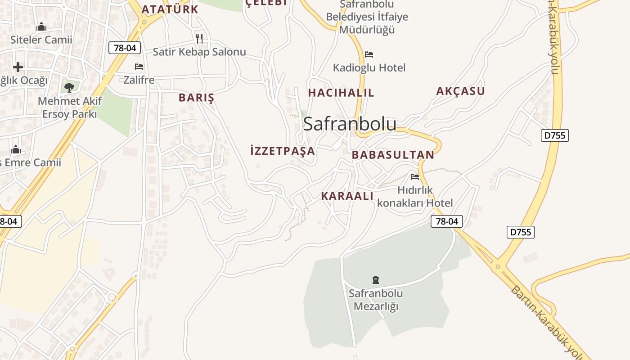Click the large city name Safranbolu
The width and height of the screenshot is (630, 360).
[350, 124]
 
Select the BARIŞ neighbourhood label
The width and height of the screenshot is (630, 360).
[196, 98]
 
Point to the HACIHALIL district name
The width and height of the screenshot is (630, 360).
[341, 93]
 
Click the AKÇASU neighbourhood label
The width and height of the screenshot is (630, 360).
[460, 91]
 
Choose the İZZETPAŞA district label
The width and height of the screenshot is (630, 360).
[283, 151]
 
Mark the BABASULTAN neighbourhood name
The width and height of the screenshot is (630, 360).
[393, 155]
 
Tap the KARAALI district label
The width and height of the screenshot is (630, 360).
[347, 196]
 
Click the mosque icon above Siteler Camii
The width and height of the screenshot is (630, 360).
[41, 27]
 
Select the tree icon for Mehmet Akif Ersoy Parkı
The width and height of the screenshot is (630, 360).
[69, 87]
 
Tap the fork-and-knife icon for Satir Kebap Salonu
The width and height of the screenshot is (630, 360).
[199, 38]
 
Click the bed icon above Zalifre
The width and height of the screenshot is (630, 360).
[139, 67]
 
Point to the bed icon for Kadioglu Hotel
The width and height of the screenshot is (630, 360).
[369, 54]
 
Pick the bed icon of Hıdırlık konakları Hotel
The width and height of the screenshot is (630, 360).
[415, 176]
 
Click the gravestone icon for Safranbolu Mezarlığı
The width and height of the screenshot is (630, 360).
[376, 280]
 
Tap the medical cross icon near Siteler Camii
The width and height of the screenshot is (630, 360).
[18, 67]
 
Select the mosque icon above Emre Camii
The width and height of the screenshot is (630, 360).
[16, 149]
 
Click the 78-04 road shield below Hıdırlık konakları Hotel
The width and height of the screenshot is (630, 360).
[447, 221]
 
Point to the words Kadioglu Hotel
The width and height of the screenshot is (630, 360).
[369, 68]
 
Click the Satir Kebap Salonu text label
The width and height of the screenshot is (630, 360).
[199, 52]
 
